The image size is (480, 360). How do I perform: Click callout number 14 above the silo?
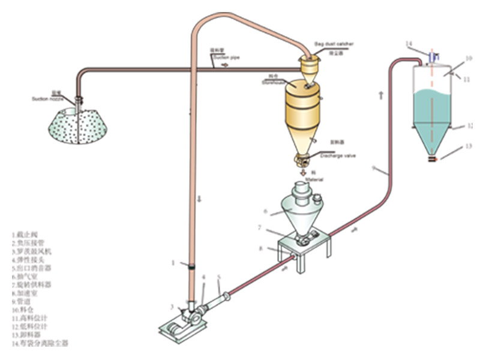pyautogui.click(x=409, y=44)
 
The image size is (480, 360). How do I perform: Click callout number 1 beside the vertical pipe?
pyautogui.click(x=173, y=262)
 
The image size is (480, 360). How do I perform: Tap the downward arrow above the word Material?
pyautogui.click(x=303, y=171)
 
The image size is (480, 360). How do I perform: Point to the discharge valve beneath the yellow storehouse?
pyautogui.click(x=302, y=160)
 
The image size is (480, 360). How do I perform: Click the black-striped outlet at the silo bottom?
pyautogui.click(x=431, y=160)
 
